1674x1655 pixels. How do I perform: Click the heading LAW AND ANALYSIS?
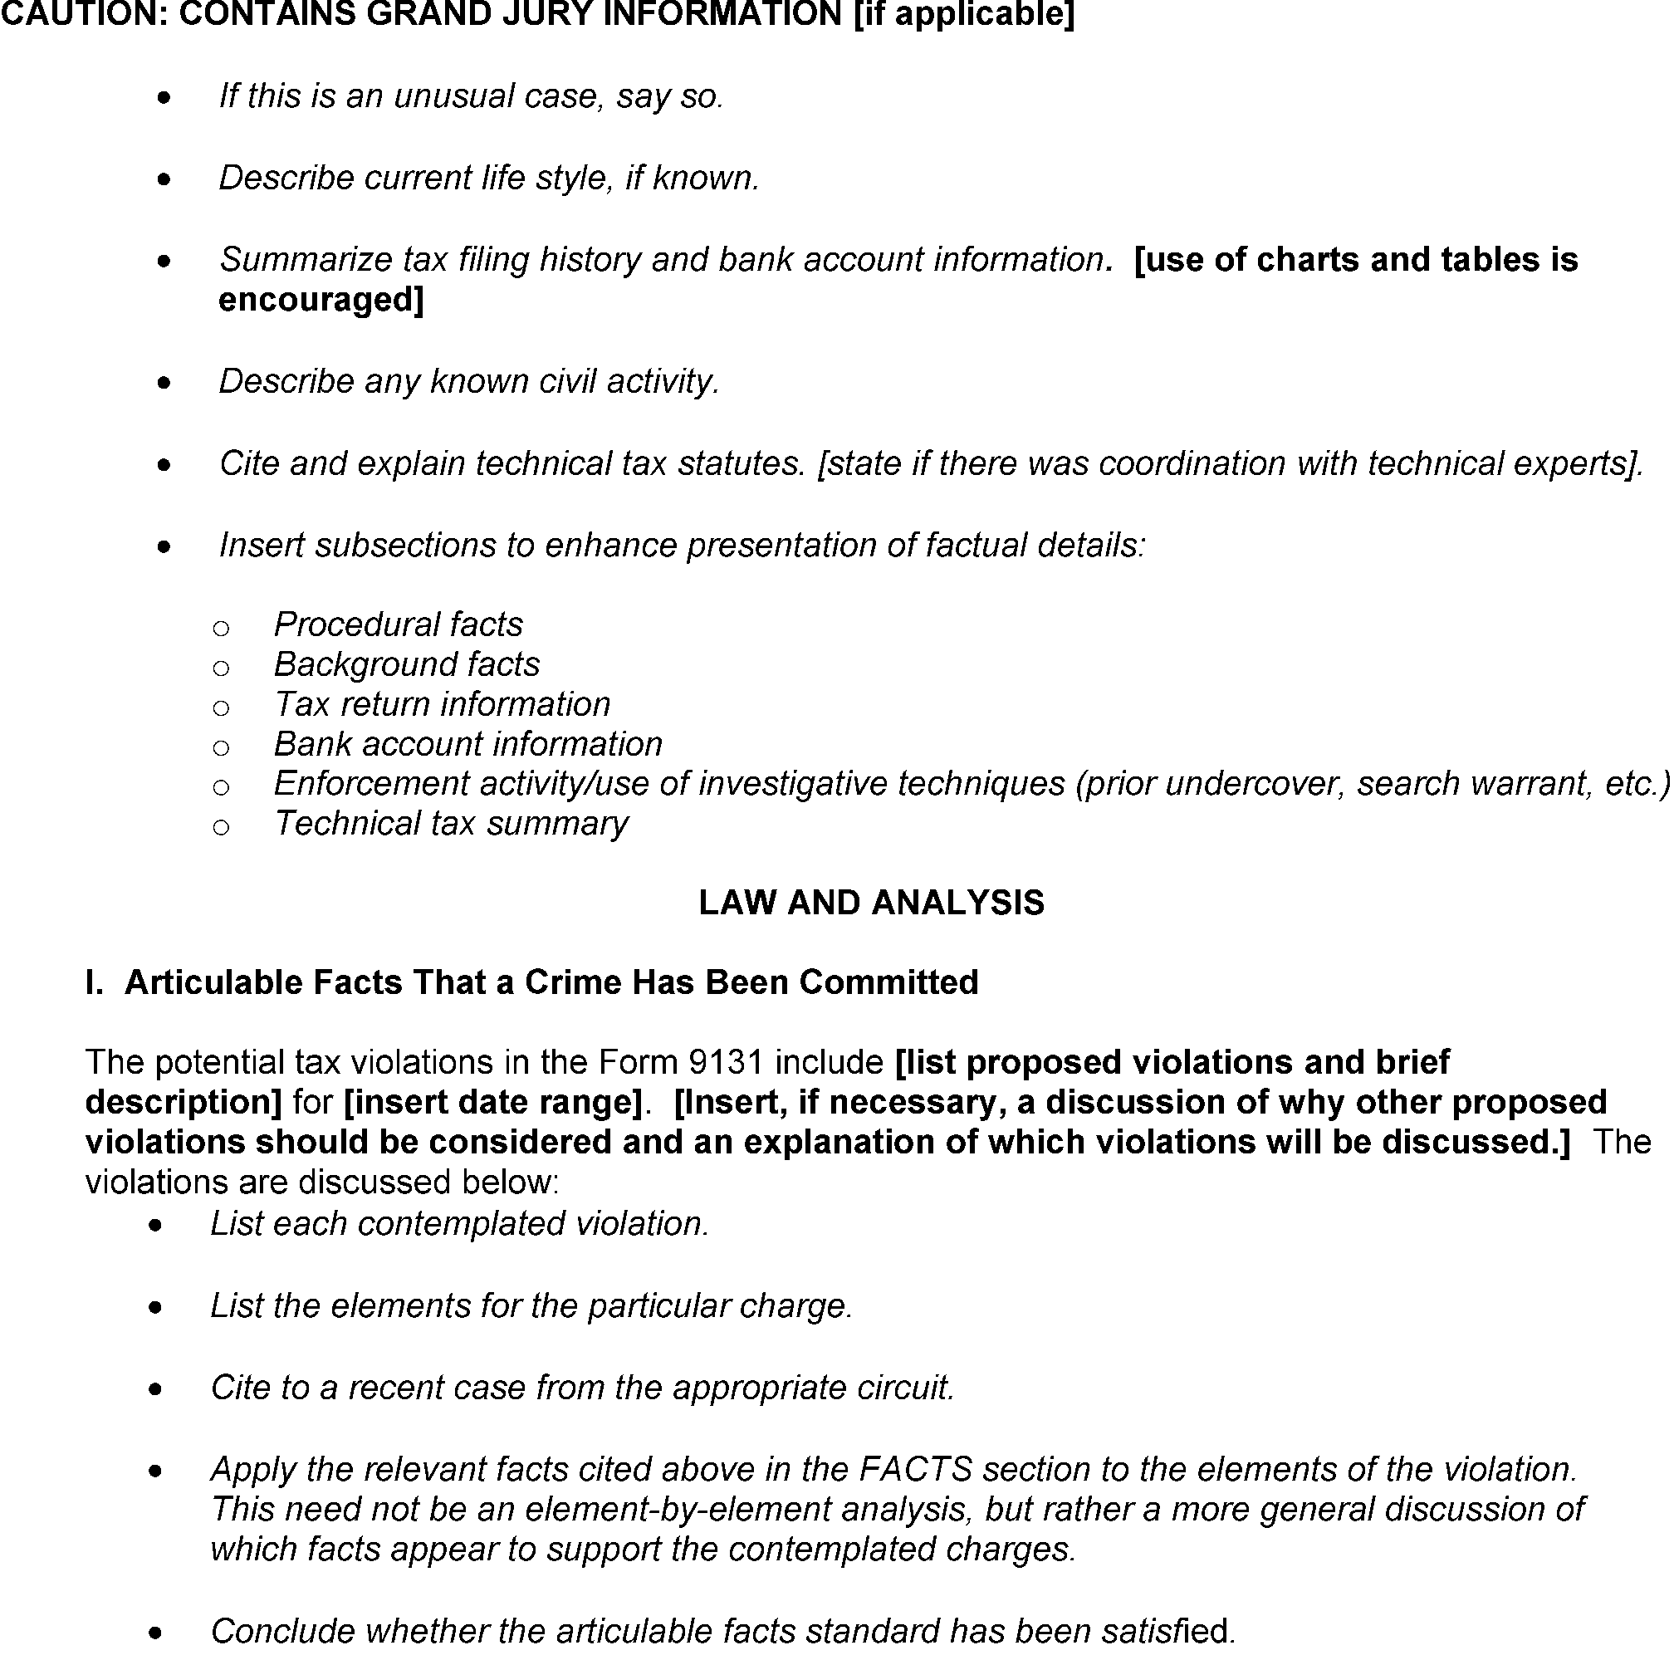point(871,903)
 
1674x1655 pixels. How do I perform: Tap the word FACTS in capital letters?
point(915,1470)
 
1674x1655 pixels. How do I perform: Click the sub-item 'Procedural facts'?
point(399,624)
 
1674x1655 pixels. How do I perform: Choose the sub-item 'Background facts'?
point(406,664)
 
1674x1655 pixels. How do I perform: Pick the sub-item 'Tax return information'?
point(442,704)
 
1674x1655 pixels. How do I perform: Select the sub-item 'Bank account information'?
point(467,744)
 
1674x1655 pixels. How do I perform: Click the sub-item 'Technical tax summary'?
point(451,824)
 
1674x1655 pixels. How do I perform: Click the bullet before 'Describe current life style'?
point(164,180)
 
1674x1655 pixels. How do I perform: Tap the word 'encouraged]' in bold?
point(321,300)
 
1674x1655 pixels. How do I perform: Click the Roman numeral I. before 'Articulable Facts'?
point(95,982)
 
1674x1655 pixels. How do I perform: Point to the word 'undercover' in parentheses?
point(1255,784)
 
